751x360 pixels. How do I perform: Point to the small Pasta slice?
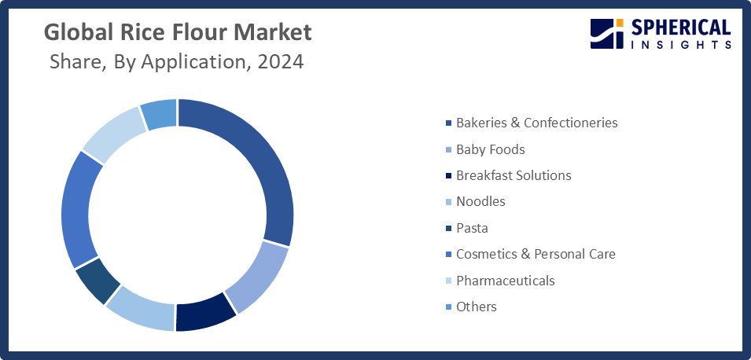(98, 283)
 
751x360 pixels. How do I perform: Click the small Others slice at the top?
(160, 115)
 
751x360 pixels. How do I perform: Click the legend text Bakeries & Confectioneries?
(536, 123)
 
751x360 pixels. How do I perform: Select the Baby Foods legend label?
(490, 149)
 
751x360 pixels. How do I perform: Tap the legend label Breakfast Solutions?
(514, 175)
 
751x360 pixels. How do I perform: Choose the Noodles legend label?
(480, 201)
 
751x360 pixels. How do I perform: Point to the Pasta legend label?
(472, 228)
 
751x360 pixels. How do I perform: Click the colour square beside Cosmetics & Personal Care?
(448, 255)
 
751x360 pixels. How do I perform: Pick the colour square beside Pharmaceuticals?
(448, 281)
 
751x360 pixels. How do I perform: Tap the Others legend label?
(477, 307)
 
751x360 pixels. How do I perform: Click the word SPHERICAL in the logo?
(680, 29)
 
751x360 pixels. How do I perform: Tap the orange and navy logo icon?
(606, 35)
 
